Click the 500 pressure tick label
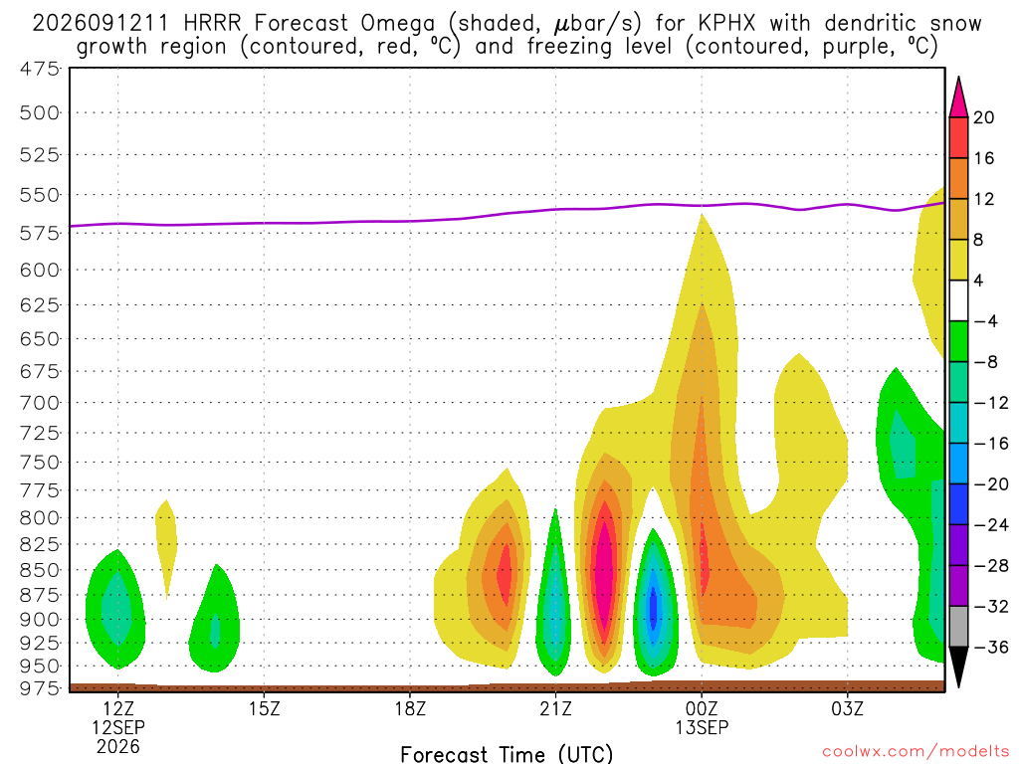click(40, 113)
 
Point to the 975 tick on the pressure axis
click(40, 688)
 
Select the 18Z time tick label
click(410, 708)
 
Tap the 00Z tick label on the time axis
click(702, 708)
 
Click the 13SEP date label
click(702, 727)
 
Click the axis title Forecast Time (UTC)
click(507, 754)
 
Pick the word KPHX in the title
click(727, 24)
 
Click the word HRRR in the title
click(212, 24)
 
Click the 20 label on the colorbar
click(984, 117)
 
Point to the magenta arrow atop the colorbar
click(958, 97)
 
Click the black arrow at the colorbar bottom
click(958, 667)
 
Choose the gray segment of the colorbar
click(958, 627)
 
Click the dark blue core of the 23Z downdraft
click(654, 606)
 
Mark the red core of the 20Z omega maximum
click(505, 574)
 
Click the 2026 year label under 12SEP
click(117, 746)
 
